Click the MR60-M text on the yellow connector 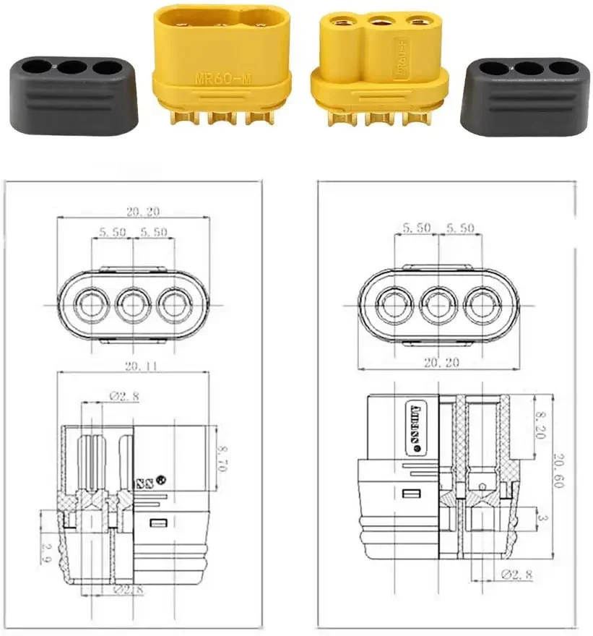click(222, 78)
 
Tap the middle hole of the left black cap click(71, 69)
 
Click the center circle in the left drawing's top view click(132, 305)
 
